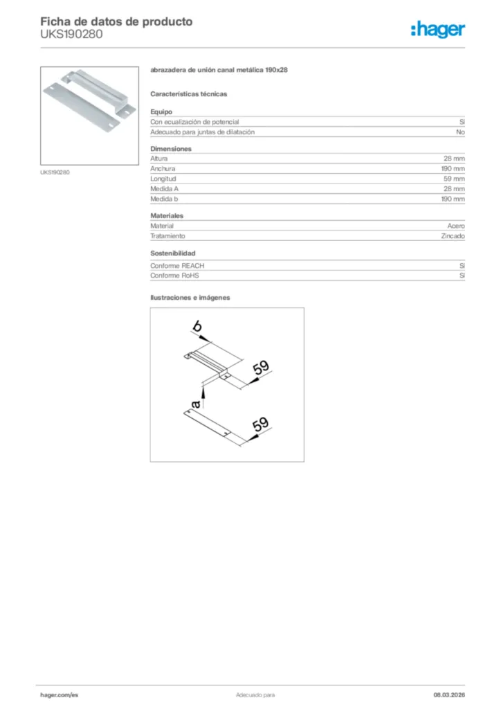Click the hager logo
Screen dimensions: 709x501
[x=437, y=29]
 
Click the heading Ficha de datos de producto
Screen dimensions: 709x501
[x=116, y=21]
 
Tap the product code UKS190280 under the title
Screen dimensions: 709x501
[x=71, y=34]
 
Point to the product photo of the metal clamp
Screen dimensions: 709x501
[x=89, y=115]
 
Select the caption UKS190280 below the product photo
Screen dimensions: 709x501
[x=55, y=172]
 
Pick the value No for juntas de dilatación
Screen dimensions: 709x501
[x=460, y=132]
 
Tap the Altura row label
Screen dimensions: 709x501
[x=159, y=159]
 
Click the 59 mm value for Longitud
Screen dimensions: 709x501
[x=453, y=179]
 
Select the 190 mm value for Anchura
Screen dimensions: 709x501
[x=453, y=169]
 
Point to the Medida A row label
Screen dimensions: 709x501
[x=164, y=188]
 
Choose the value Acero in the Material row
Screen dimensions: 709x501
[x=456, y=226]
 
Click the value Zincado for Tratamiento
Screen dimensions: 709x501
[x=453, y=236]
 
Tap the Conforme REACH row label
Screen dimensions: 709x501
[x=177, y=265]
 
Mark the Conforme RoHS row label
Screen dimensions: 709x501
[x=174, y=276]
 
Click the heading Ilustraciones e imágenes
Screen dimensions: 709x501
[x=190, y=297]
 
